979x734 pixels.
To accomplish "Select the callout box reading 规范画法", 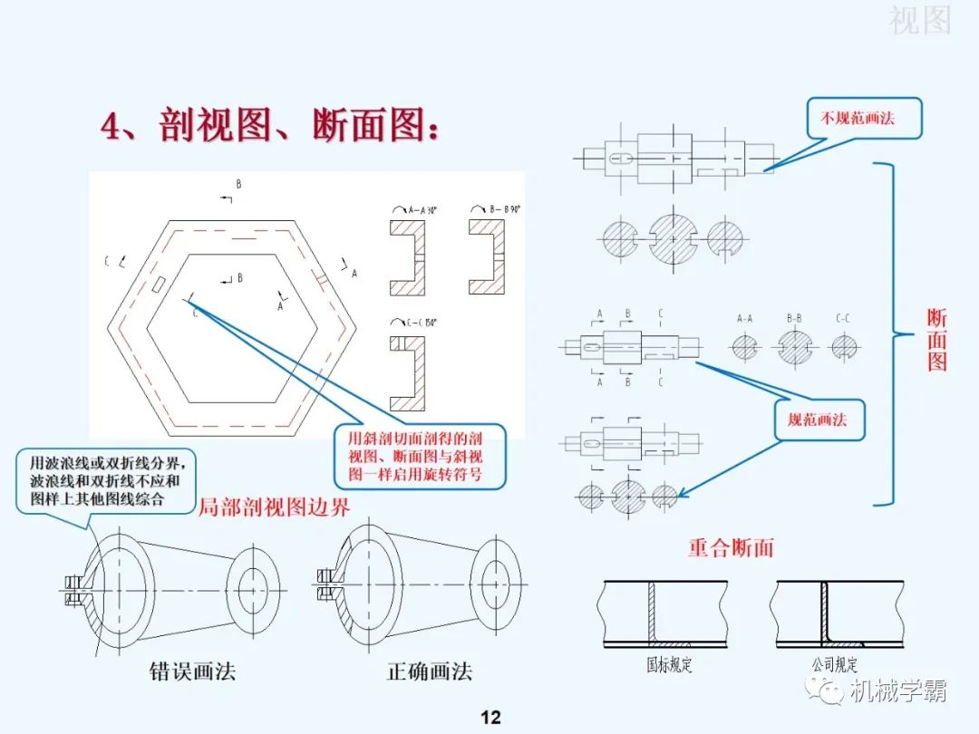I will click(x=818, y=420).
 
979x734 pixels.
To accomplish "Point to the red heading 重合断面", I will click(x=731, y=547).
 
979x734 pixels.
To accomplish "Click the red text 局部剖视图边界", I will click(x=274, y=507).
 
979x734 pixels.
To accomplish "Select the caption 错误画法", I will click(x=192, y=671).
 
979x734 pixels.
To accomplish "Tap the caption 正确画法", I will click(x=430, y=671).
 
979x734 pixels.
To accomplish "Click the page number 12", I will click(x=490, y=718).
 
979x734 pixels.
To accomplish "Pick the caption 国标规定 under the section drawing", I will click(x=669, y=665).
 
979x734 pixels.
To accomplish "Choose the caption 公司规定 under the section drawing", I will click(x=834, y=665).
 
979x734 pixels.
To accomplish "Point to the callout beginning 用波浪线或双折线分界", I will click(x=105, y=480).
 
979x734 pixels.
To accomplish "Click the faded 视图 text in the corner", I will click(x=919, y=20).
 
